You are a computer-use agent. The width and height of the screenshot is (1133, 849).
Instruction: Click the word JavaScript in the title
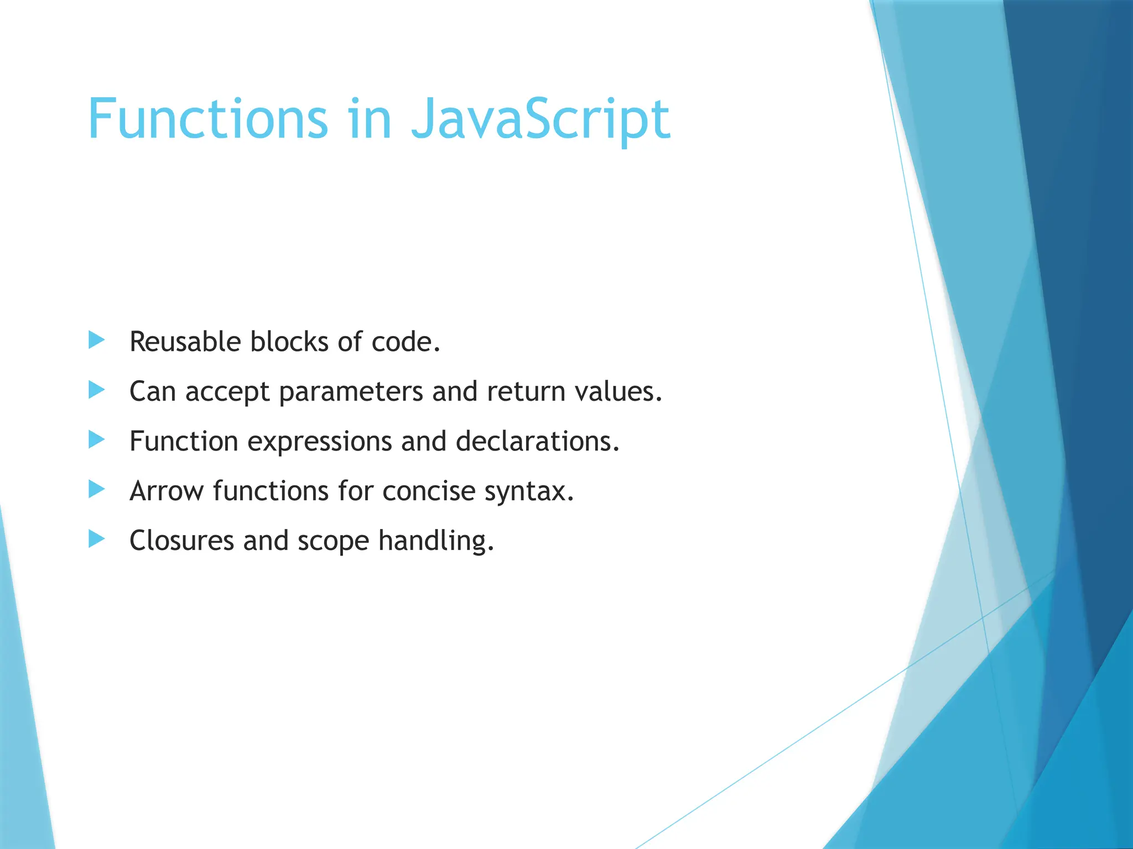[540, 119]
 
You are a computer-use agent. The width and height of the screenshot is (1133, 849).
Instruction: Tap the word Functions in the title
[209, 119]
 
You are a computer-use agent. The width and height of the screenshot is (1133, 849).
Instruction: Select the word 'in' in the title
[370, 119]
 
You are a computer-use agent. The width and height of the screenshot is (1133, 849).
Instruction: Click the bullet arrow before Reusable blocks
[96, 340]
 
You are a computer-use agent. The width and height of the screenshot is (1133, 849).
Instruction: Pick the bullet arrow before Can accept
[96, 390]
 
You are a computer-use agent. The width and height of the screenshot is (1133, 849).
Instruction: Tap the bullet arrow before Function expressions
[96, 440]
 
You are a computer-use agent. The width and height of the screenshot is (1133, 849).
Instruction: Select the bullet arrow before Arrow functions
[96, 490]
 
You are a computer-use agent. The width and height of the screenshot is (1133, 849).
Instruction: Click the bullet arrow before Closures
[96, 539]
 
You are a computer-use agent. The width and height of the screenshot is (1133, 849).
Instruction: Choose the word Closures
[181, 541]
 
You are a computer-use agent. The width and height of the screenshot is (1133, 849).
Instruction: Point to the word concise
[429, 491]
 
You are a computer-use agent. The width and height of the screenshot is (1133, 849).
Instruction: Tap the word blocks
[289, 342]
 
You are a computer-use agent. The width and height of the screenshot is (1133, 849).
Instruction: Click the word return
[526, 391]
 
